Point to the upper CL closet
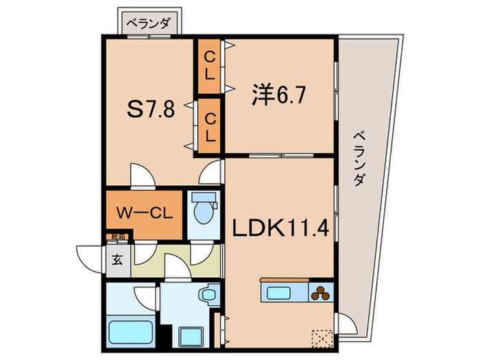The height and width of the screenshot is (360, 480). [209, 67]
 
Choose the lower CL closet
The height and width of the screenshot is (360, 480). [209, 128]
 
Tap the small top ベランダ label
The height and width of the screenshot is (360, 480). [149, 21]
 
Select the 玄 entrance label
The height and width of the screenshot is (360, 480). [117, 261]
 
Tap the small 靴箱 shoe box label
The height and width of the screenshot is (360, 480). [117, 238]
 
